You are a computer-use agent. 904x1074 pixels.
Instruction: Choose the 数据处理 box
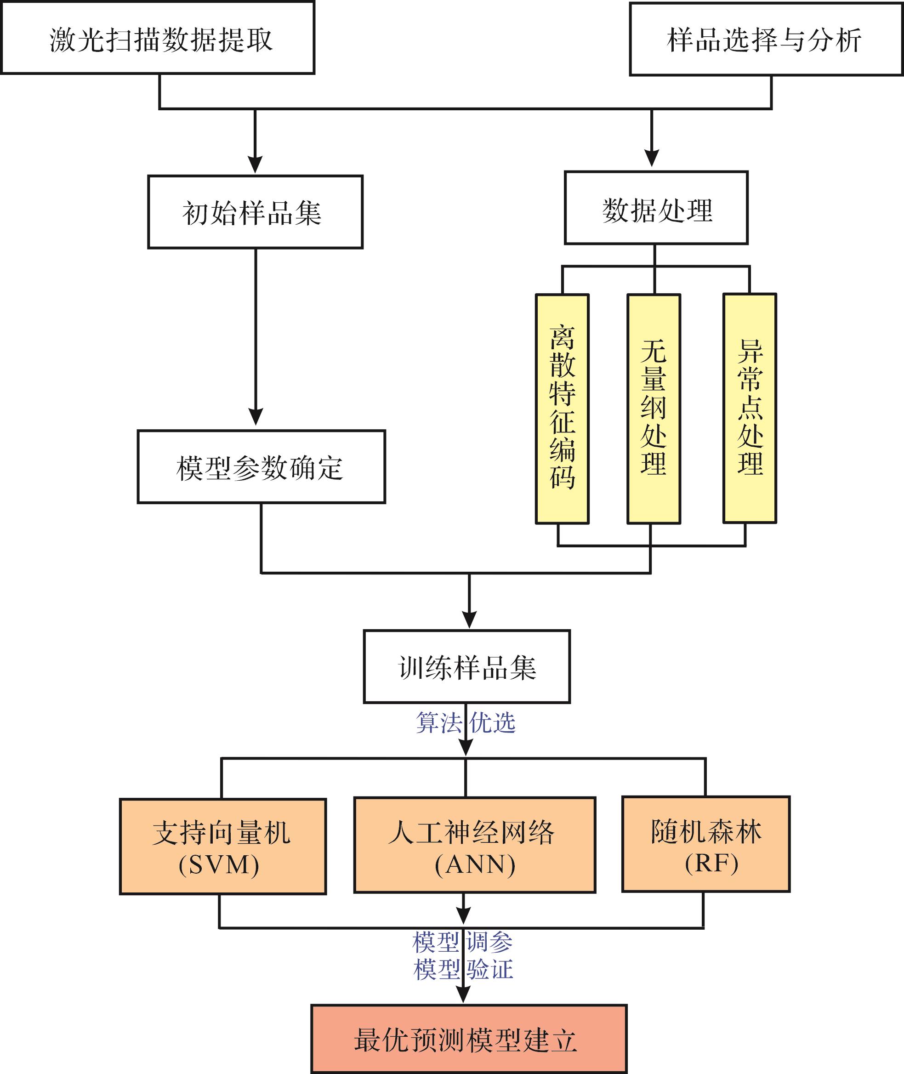[x=656, y=208]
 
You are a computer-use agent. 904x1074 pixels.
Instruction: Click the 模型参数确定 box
[x=262, y=467]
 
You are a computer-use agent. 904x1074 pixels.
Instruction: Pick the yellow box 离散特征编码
[x=562, y=409]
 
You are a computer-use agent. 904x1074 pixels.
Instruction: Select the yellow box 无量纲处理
[x=654, y=409]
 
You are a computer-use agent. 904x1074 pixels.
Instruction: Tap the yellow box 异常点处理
[x=750, y=409]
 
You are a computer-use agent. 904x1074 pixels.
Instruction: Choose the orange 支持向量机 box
[x=223, y=847]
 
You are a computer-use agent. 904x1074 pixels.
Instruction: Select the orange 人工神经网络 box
[x=475, y=845]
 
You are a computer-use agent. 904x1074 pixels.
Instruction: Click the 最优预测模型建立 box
[x=469, y=1039]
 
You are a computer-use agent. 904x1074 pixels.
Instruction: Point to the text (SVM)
[x=219, y=865]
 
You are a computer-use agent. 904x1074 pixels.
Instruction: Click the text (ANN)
[x=475, y=865]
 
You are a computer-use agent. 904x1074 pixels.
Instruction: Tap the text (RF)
[x=712, y=864]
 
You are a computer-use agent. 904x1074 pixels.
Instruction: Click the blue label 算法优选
[x=465, y=722]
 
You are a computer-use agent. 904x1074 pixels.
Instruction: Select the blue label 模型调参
[x=463, y=942]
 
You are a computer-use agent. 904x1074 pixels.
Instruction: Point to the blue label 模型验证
[x=463, y=970]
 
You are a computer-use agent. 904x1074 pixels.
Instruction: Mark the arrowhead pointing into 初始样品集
[x=255, y=165]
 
